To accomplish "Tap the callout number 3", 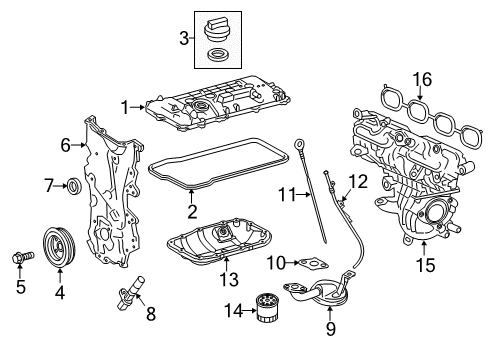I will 183,38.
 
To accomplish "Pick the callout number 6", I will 66,145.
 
